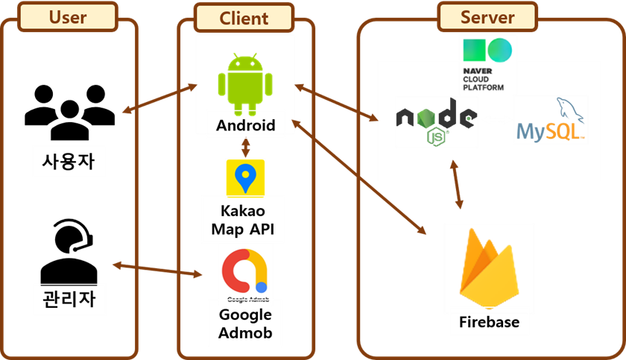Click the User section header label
[x=68, y=17]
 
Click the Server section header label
[x=487, y=17]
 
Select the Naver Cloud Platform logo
[x=487, y=64]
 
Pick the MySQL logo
[x=551, y=120]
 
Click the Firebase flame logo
[x=488, y=269]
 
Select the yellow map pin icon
[x=245, y=177]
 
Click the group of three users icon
[x=69, y=112]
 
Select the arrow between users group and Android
[x=159, y=100]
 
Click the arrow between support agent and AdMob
[x=157, y=270]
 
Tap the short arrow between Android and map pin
[x=245, y=147]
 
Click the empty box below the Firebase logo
[x=489, y=321]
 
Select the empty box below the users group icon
[x=69, y=161]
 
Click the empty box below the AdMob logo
[x=245, y=323]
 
